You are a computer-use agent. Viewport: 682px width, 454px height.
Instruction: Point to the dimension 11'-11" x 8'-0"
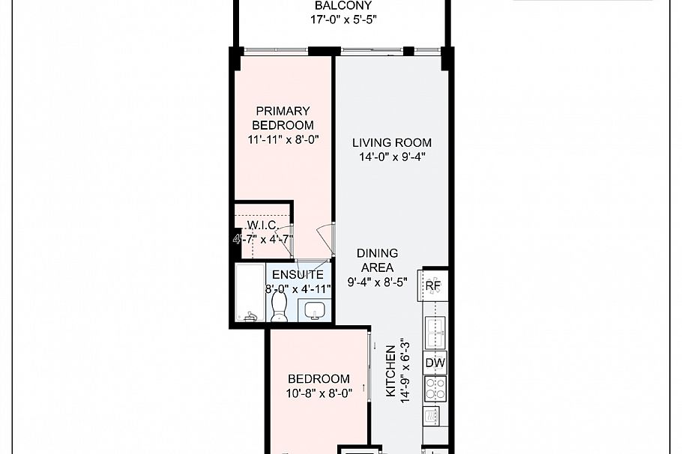pyautogui.click(x=283, y=139)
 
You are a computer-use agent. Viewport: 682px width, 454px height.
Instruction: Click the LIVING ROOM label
pyautogui.click(x=392, y=142)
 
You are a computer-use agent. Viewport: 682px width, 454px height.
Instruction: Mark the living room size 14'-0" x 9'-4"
pyautogui.click(x=392, y=157)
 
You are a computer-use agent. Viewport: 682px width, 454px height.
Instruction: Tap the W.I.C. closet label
pyautogui.click(x=263, y=226)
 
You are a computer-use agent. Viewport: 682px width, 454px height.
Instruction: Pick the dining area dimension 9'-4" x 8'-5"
pyautogui.click(x=377, y=282)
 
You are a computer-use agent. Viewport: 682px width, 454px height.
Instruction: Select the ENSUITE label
pyautogui.click(x=298, y=275)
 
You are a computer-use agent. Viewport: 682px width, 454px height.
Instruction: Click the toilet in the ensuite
pyautogui.click(x=279, y=306)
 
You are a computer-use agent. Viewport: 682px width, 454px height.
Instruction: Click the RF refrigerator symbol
pyautogui.click(x=433, y=285)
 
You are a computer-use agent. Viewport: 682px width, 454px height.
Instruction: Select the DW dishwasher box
pyautogui.click(x=435, y=363)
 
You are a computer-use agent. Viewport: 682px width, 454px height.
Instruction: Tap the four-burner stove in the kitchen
pyautogui.click(x=435, y=388)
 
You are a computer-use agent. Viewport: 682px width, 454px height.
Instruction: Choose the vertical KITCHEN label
pyautogui.click(x=390, y=372)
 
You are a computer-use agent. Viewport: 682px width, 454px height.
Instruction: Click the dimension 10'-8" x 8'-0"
pyautogui.click(x=319, y=393)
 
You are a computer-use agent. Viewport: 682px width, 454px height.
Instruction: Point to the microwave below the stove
pyautogui.click(x=434, y=414)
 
